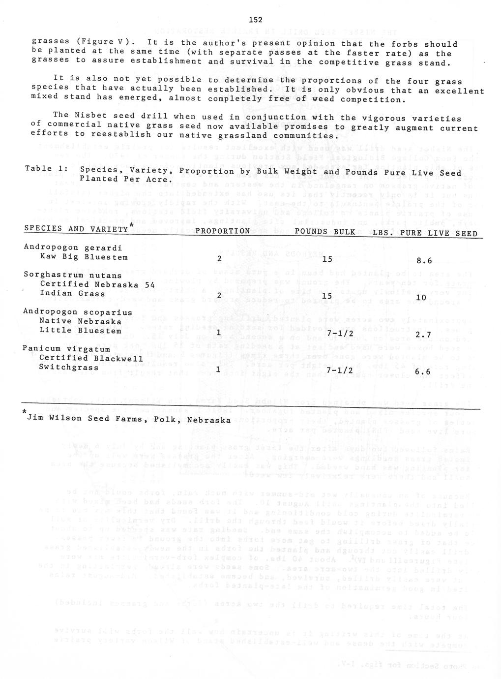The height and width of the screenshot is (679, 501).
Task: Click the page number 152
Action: pos(255,20)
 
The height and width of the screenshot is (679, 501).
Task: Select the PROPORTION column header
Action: pos(222,231)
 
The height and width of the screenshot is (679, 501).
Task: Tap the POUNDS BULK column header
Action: pos(325,231)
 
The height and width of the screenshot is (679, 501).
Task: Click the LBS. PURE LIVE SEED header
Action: pos(425,233)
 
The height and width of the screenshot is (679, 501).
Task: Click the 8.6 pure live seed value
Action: pos(423,261)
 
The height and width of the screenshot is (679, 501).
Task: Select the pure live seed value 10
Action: pos(421,298)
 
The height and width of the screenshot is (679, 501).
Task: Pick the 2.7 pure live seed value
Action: pos(423,335)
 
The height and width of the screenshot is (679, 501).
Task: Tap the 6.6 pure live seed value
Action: pos(423,371)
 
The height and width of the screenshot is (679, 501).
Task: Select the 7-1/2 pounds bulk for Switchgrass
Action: pos(337,370)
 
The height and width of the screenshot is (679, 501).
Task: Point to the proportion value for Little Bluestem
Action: pos(219,333)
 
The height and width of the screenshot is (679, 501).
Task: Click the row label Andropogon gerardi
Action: pos(73,247)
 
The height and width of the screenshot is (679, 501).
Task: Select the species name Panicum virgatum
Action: pos(66,349)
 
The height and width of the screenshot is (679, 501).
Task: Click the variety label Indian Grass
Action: pos(72,293)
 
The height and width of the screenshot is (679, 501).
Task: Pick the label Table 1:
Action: pos(46,169)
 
